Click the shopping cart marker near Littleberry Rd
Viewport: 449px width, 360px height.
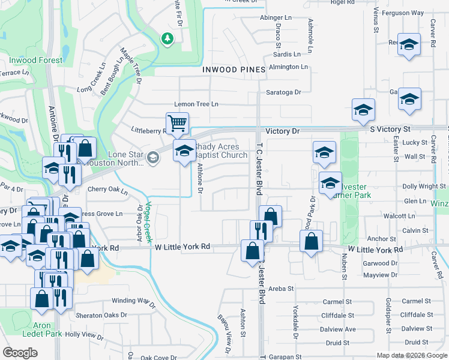pyautogui.click(x=178, y=124)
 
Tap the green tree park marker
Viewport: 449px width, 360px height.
pyautogui.click(x=167, y=39)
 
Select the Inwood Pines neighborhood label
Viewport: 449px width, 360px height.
pyautogui.click(x=234, y=70)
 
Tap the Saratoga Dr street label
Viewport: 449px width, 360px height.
pyautogui.click(x=283, y=92)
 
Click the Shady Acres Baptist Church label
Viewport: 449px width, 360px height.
pyautogui.click(x=221, y=151)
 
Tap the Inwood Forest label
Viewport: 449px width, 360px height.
pyautogui.click(x=35, y=61)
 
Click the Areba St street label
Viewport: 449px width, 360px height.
pyautogui.click(x=281, y=289)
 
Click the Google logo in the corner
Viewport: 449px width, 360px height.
pyautogui.click(x=20, y=353)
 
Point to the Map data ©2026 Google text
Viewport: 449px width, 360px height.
pyautogui.click(x=411, y=355)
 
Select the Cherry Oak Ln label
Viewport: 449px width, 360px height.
pyautogui.click(x=108, y=191)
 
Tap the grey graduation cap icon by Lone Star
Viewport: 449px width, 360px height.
pyautogui.click(x=152, y=158)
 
